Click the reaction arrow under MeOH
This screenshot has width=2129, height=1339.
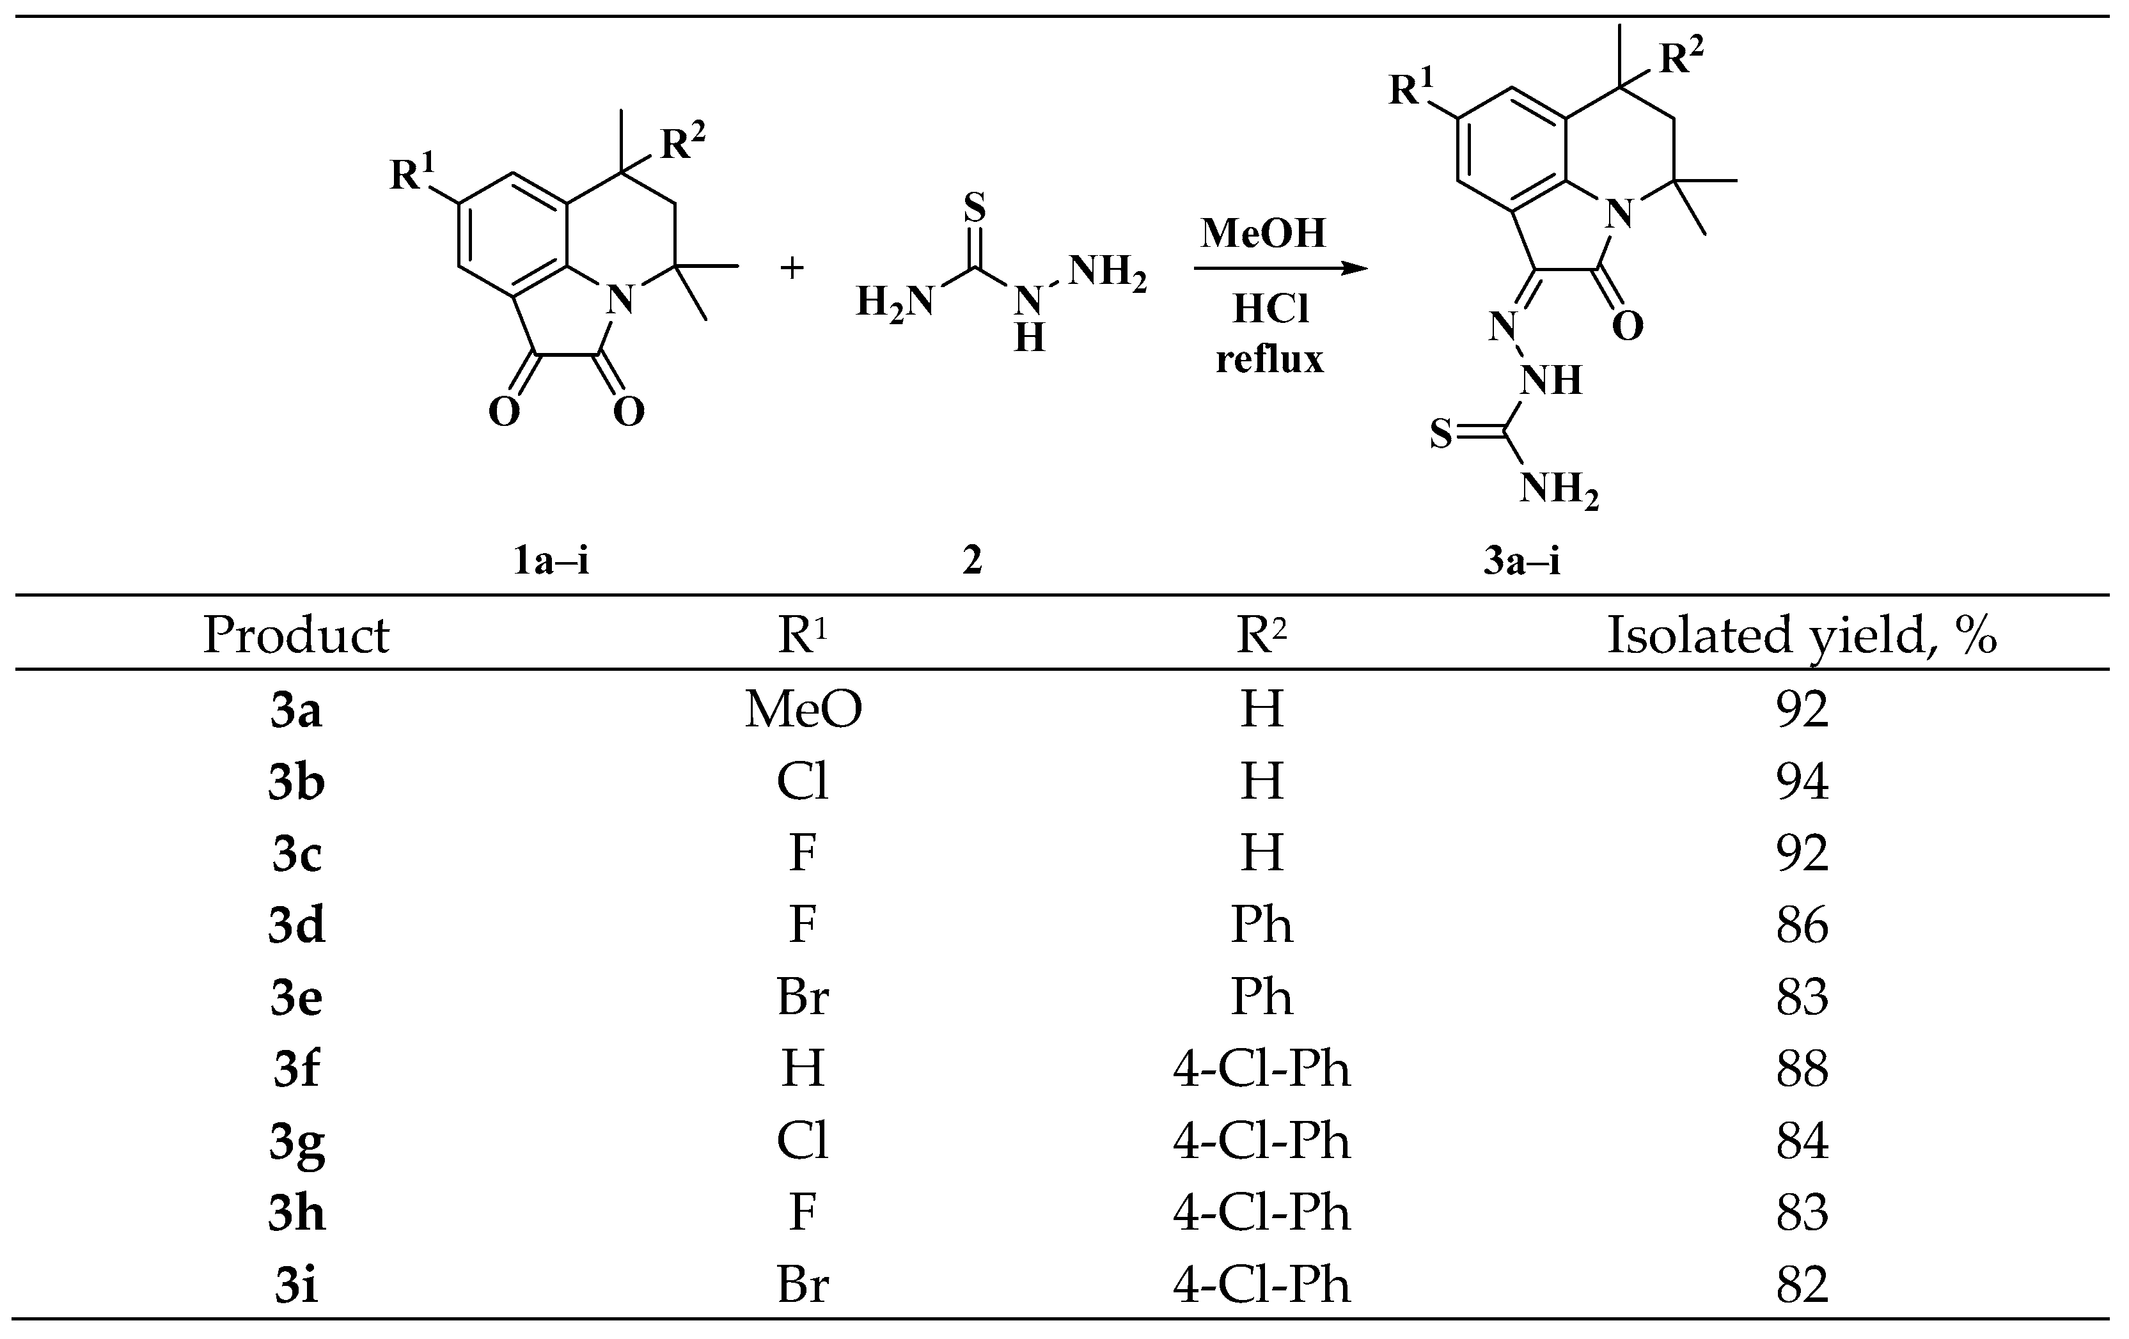[x=1280, y=269]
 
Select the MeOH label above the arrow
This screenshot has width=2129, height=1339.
[x=1264, y=233]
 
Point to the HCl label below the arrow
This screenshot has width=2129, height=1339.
[x=1271, y=309]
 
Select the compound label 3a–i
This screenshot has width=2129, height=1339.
[x=1521, y=560]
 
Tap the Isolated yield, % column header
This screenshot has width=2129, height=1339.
[x=1801, y=634]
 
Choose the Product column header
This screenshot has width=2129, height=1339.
[x=296, y=634]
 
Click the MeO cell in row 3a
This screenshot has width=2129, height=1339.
[x=803, y=709]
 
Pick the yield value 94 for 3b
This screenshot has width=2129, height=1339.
[x=1802, y=781]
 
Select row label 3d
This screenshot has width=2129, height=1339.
[x=296, y=925]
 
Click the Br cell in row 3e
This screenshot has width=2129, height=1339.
[x=803, y=997]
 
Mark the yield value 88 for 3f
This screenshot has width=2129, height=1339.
[x=1802, y=1069]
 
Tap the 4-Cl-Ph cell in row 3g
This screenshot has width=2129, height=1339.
[x=1262, y=1141]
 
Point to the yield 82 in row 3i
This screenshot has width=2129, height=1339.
[x=1802, y=1284]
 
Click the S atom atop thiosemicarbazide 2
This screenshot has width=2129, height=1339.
[x=973, y=208]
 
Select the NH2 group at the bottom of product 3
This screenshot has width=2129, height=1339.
[x=1559, y=489]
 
